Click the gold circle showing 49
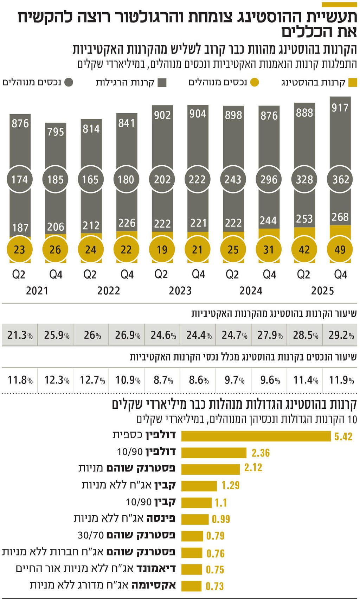340,249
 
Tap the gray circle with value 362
340,179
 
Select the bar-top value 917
340,108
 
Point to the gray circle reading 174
20,179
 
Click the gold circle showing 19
162,249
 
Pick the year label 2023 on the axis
180,291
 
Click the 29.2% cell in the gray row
341,335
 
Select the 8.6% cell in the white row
198,380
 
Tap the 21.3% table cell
20,335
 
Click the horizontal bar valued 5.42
256,436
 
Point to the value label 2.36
261,453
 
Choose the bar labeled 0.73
191,586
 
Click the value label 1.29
230,486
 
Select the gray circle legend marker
69,83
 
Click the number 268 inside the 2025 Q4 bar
340,217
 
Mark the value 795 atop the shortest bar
56,132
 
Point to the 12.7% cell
92,380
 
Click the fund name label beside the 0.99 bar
124,518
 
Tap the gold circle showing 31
269,249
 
